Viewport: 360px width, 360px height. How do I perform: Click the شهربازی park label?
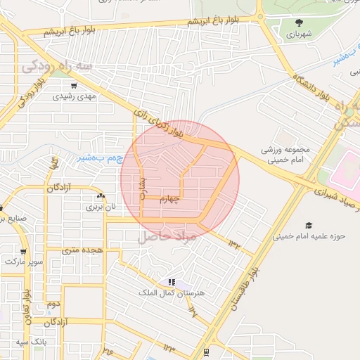tap(299, 33)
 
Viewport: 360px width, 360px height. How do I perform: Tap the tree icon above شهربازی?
tap(299, 22)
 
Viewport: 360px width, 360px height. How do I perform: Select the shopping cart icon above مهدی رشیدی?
tap(74, 86)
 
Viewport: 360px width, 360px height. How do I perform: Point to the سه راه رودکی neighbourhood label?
tap(58, 65)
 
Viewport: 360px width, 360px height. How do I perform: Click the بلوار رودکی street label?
tap(29, 89)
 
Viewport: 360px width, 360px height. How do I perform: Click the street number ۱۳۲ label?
tap(233, 243)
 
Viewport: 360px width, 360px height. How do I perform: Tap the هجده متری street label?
tap(82, 250)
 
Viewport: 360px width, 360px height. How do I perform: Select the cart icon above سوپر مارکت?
tap(23, 251)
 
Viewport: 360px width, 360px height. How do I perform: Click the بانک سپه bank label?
tap(33, 342)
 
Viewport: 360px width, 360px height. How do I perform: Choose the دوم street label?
tap(52, 304)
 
